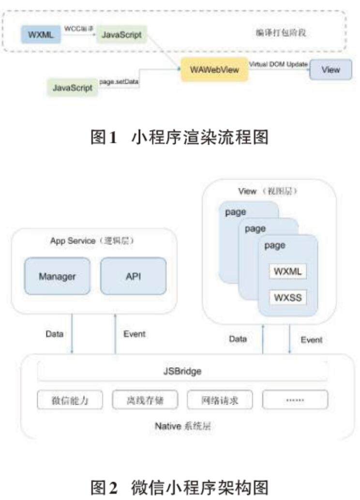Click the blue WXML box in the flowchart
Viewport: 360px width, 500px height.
click(38, 34)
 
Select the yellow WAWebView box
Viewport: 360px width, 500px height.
click(214, 70)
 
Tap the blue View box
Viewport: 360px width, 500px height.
click(331, 69)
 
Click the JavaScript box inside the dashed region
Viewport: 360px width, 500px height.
click(121, 35)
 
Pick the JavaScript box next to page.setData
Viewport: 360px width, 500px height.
click(73, 88)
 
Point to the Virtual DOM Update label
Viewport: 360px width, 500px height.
click(278, 64)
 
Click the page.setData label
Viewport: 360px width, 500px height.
click(119, 82)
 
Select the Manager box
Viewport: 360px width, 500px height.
click(57, 276)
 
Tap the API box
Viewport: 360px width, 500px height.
click(133, 276)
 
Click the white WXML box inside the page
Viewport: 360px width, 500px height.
click(288, 272)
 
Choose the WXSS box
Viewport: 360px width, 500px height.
click(288, 297)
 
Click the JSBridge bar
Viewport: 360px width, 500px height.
click(182, 372)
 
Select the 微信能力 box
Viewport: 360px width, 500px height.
click(70, 400)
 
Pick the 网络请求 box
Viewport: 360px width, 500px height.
click(220, 400)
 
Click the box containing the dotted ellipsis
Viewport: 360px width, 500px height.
click(295, 400)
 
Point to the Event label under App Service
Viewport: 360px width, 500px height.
click(134, 334)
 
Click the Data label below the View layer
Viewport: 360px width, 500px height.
click(238, 339)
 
